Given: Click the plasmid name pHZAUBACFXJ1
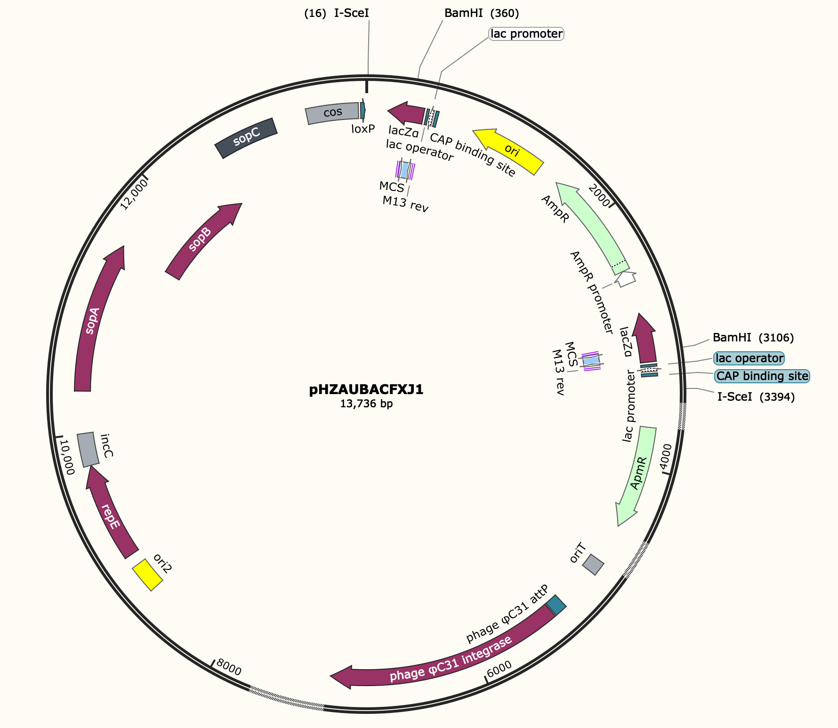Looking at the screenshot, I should point(366,390).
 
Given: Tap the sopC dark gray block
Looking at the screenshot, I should point(246,138).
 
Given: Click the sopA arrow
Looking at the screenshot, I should point(94,320).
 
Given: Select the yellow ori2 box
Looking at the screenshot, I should point(147,575).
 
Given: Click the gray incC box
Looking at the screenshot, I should point(88,450).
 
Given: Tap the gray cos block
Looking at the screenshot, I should point(332,113).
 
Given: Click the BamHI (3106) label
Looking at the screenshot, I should point(753,338).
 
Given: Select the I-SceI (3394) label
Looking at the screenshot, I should point(756,397).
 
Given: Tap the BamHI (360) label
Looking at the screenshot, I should point(482,13).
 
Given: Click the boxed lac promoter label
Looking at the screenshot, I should point(526,34).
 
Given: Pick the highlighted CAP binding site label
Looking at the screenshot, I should point(762,376).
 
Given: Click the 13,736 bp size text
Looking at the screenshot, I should point(366,404).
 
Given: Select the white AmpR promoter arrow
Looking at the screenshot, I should point(626,279).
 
